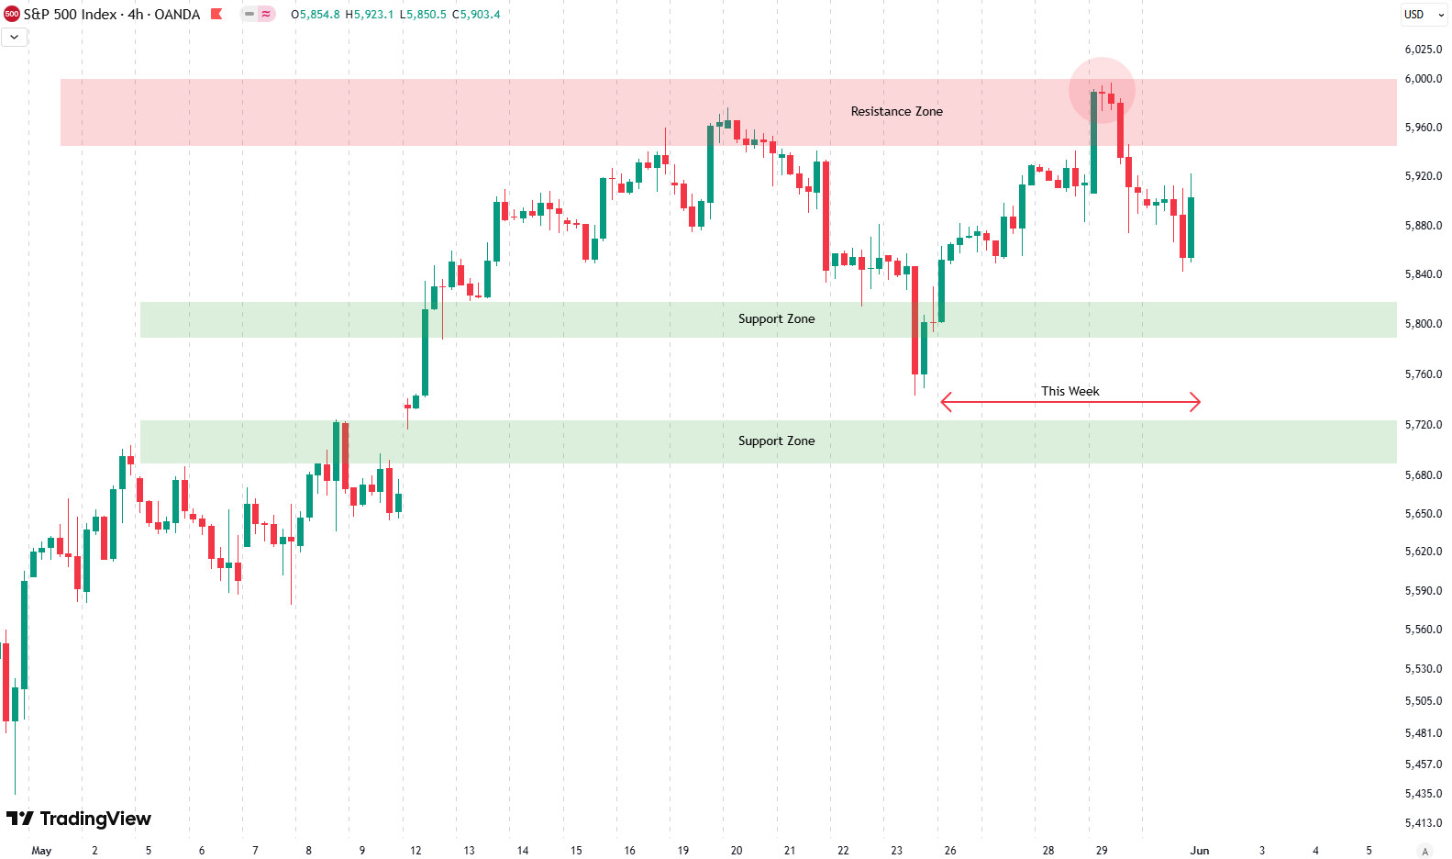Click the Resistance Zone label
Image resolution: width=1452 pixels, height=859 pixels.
pos(896,111)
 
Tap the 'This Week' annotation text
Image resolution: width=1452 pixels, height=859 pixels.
pos(1070,391)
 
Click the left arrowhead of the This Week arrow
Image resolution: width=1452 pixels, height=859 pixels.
pos(946,402)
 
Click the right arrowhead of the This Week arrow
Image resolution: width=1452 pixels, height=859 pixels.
pos(1195,402)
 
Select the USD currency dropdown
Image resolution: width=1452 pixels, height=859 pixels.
pos(1424,15)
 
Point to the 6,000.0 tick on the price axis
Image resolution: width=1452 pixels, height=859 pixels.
pos(1423,79)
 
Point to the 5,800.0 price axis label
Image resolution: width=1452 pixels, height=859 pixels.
pos(1423,324)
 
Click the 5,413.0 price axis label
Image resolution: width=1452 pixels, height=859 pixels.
pos(1423,823)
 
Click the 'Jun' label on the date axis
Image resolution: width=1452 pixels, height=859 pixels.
pos(1199,851)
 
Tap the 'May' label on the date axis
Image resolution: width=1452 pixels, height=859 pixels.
pos(41,851)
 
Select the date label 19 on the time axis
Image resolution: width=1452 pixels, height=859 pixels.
pos(682,851)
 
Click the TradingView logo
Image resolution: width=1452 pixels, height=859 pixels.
pos(79,819)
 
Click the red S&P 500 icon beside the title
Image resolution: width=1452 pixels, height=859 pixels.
pos(12,14)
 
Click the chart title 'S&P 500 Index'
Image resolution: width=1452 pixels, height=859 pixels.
pos(70,15)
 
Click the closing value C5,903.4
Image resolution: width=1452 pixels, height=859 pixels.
pos(476,15)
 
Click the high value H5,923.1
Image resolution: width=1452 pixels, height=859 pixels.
pos(369,15)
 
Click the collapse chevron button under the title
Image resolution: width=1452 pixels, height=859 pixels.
pos(15,37)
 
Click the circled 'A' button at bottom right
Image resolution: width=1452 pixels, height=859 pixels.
pos(1424,851)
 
